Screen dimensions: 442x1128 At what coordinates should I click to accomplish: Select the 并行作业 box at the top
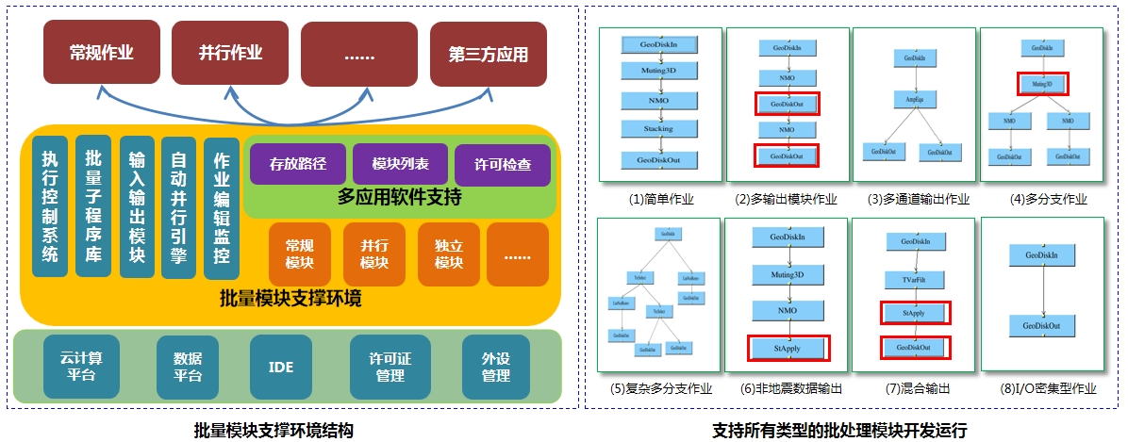(229, 53)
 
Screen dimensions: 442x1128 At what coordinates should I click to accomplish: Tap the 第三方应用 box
(488, 54)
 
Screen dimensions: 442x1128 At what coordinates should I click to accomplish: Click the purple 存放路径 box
(297, 164)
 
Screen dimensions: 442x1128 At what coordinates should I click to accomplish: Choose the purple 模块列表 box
(400, 164)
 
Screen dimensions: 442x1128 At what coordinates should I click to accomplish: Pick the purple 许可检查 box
(502, 164)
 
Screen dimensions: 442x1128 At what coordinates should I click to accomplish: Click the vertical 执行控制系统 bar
(50, 206)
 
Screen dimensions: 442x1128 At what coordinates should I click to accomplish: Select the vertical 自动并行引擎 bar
(178, 207)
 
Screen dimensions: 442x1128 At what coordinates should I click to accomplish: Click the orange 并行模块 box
(374, 254)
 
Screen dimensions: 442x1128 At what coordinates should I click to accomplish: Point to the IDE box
(280, 367)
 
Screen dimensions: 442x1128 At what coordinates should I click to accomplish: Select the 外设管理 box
(496, 367)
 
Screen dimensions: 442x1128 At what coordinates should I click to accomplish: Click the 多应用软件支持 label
(399, 197)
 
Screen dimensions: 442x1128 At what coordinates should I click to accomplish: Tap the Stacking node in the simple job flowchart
(658, 128)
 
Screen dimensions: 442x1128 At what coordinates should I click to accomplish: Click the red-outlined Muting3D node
(1041, 84)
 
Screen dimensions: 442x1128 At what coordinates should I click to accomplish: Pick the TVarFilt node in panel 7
(915, 279)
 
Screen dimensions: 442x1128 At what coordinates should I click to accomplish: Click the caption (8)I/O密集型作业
(1042, 387)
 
